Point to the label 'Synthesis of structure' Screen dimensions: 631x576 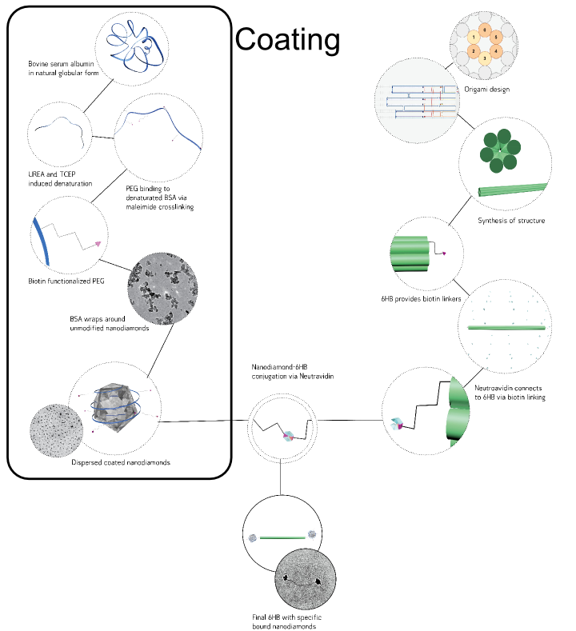[511, 221]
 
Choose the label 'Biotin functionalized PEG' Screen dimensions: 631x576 [65, 281]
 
